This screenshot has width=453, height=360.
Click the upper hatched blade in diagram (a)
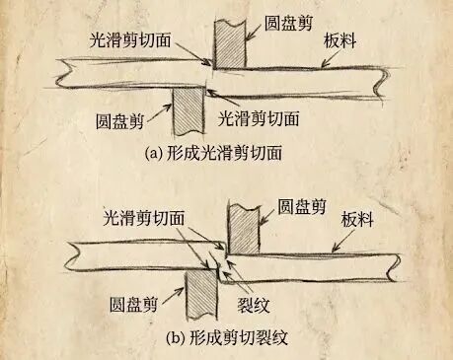230,44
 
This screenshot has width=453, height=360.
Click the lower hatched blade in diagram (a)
188,111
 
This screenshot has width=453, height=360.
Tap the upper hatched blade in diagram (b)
244,229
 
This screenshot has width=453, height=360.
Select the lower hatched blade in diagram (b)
201,294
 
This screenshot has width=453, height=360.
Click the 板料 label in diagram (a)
340,41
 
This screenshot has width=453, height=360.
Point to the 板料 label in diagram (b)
357,219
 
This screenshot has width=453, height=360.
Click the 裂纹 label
254,305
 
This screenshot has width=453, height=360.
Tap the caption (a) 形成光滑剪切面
213,153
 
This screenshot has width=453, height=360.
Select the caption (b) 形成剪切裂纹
227,337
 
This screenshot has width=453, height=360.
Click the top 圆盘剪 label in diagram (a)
288,23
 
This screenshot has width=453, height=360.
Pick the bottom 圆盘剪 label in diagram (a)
120,121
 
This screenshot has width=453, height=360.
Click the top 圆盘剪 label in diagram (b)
302,206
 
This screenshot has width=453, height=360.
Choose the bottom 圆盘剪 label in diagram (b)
134,304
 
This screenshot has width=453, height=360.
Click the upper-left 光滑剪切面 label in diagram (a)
130,40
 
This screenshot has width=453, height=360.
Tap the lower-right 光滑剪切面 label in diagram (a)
260,118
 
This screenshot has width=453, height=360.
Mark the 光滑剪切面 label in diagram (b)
144,218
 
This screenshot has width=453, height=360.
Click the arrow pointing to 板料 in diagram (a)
333,58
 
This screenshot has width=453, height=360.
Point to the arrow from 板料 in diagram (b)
343,241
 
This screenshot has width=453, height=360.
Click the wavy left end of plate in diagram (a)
62,74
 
